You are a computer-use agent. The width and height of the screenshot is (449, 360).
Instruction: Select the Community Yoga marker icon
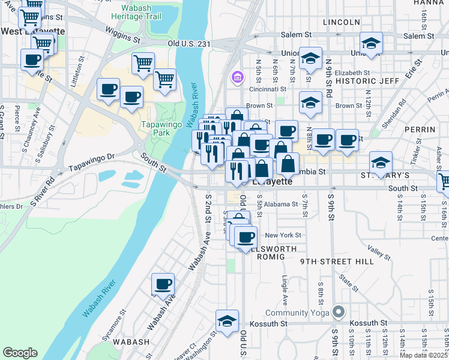[339, 312]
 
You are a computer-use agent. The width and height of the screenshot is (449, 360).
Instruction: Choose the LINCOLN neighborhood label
[341, 22]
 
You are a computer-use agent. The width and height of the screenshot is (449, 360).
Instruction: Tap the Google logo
[20, 353]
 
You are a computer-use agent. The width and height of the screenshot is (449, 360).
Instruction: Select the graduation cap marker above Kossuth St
[227, 321]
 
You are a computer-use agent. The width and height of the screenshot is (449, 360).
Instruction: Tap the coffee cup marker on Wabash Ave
[162, 284]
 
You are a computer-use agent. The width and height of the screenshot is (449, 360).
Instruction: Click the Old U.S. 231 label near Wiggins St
[190, 44]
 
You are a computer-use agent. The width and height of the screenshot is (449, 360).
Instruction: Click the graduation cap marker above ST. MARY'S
[381, 162]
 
